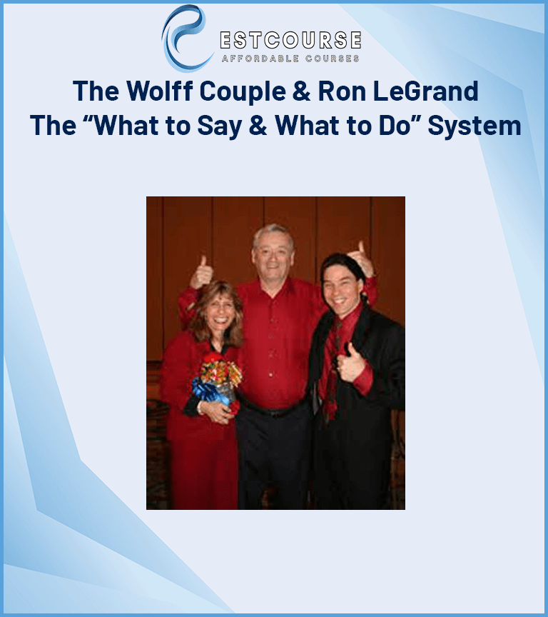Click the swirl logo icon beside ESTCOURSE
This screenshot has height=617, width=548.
pyautogui.click(x=185, y=39)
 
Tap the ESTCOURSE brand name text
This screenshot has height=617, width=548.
pyautogui.click(x=290, y=40)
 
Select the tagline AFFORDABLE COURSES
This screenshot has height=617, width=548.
pyautogui.click(x=290, y=59)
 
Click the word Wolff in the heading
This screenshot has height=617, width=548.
pyautogui.click(x=160, y=91)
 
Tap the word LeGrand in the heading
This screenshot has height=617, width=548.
pyautogui.click(x=426, y=91)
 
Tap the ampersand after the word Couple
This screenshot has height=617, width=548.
pyautogui.click(x=302, y=91)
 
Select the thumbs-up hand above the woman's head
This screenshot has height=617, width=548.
pyautogui.click(x=201, y=273)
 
